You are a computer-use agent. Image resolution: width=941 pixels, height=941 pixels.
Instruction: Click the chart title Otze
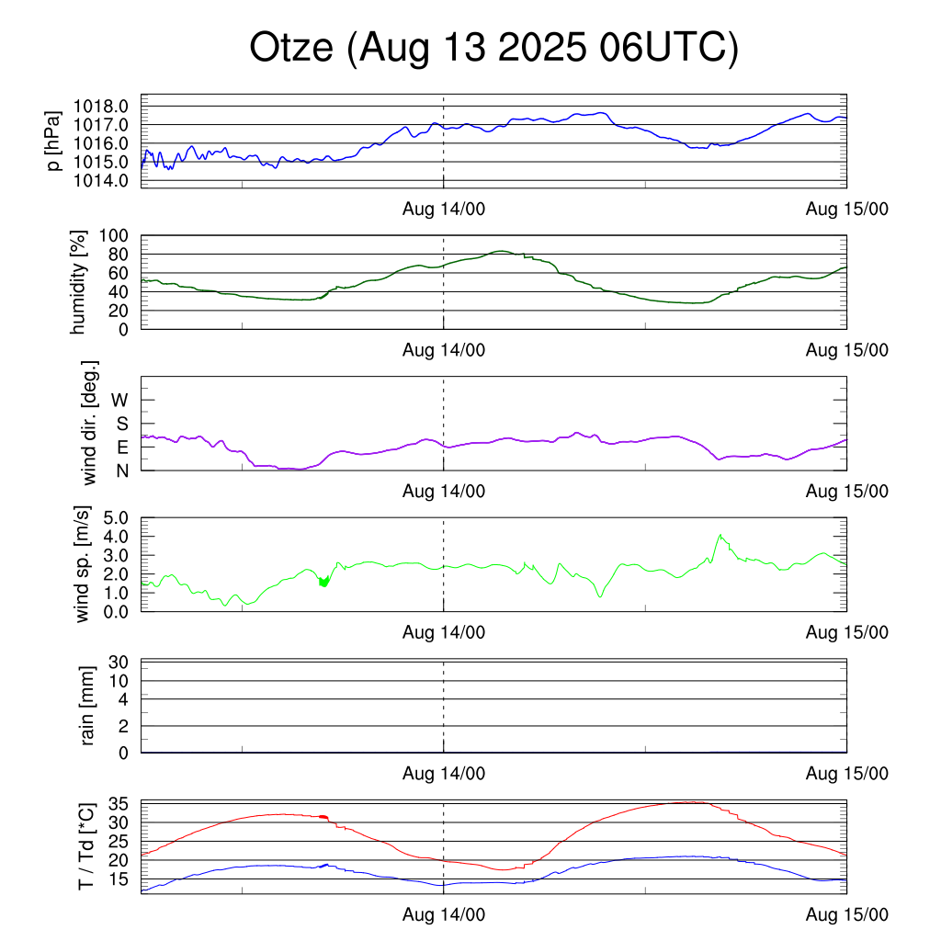pyautogui.click(x=493, y=49)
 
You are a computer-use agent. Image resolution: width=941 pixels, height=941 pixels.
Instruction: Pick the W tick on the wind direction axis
pyautogui.click(x=119, y=400)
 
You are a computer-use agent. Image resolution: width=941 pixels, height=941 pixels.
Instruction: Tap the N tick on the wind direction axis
pyautogui.click(x=120, y=470)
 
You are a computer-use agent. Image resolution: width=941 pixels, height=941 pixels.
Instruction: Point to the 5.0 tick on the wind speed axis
pyautogui.click(x=115, y=517)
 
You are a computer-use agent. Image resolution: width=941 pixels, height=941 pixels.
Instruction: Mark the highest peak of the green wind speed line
pyautogui.click(x=721, y=535)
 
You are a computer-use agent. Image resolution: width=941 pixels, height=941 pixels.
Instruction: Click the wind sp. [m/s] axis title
pyautogui.click(x=84, y=564)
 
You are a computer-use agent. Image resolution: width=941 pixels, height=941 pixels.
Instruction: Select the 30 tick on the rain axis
pyautogui.click(x=119, y=662)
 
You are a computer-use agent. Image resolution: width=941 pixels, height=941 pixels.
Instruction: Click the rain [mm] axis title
pyautogui.click(x=88, y=705)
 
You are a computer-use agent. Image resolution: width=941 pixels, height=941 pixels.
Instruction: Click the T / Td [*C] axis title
pyautogui.click(x=85, y=845)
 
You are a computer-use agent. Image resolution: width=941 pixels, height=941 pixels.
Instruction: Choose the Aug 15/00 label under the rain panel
pyautogui.click(x=846, y=774)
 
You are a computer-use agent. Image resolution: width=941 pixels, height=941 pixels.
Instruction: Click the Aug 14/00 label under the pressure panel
pyautogui.click(x=444, y=209)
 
